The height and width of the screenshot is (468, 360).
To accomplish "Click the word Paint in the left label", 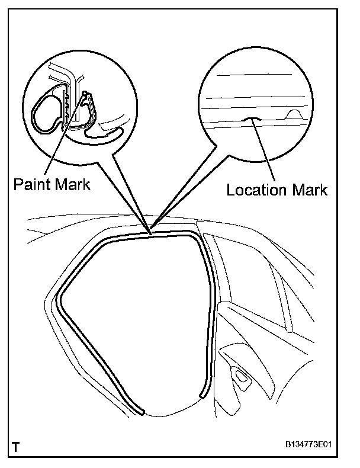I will (31, 184).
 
